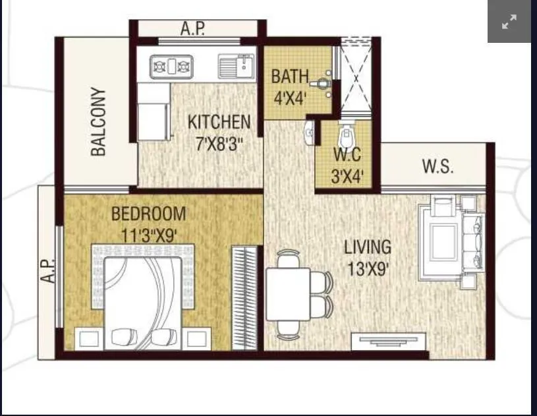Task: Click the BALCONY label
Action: pyautogui.click(x=98, y=122)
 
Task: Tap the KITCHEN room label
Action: pyautogui.click(x=219, y=122)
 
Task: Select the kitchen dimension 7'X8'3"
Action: pyautogui.click(x=219, y=144)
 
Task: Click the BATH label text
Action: pyautogui.click(x=289, y=76)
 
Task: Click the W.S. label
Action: pyautogui.click(x=438, y=166)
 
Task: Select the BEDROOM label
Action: pyautogui.click(x=148, y=214)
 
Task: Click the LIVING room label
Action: pyautogui.click(x=367, y=247)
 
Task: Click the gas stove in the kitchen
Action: pyautogui.click(x=171, y=66)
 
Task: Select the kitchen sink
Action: pyautogui.click(x=237, y=66)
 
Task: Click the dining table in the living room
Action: pyautogui.click(x=288, y=294)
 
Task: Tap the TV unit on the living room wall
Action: pyautogui.click(x=388, y=342)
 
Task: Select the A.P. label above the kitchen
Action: pyautogui.click(x=192, y=29)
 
